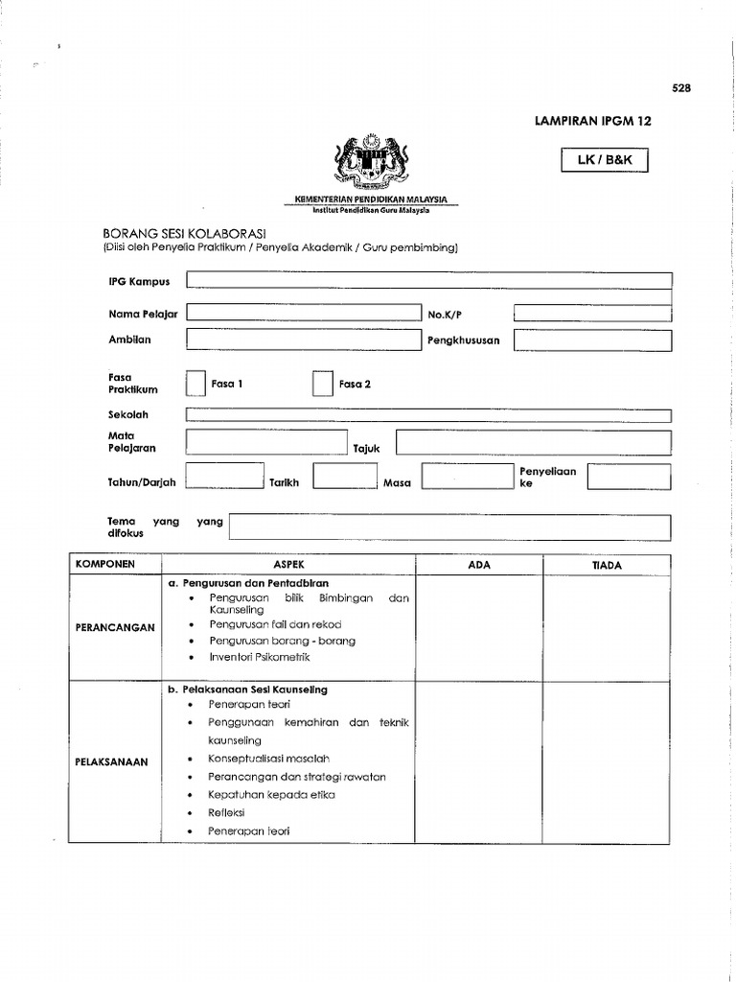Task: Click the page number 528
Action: (680, 88)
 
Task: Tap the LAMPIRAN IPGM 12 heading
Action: (591, 122)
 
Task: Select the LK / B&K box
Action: (604, 161)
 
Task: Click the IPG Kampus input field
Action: (428, 280)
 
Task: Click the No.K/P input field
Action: (592, 314)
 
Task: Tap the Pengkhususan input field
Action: (592, 339)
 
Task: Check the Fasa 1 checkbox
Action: (195, 384)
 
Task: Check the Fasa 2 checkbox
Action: (322, 384)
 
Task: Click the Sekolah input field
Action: (428, 415)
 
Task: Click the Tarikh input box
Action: (345, 477)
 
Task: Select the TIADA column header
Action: (607, 566)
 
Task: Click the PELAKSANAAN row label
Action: (113, 761)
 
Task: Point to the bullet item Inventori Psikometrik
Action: (259, 658)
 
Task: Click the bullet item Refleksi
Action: (227, 812)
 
